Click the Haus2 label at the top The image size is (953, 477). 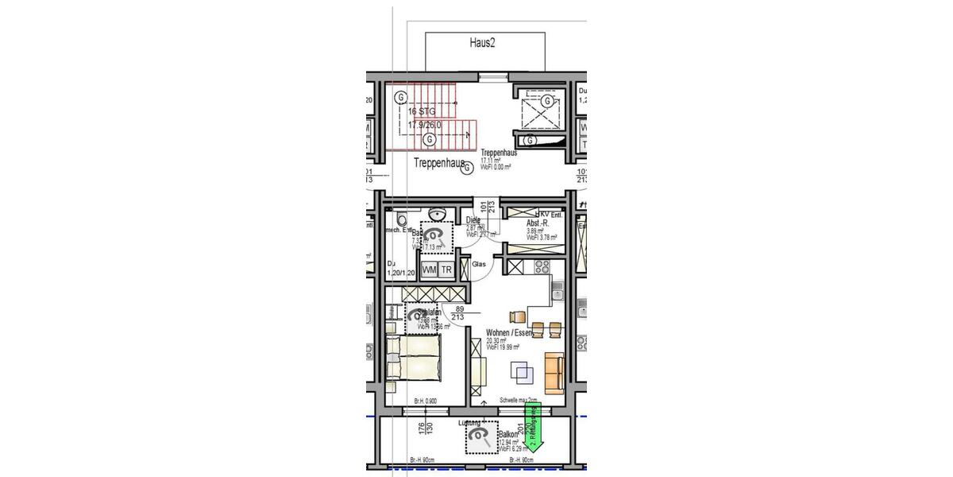pos(482,44)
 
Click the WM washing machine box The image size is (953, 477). pos(430,270)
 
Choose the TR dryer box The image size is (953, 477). pos(446,270)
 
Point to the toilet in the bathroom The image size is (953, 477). pos(401,219)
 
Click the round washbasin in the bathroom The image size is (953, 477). pos(436,215)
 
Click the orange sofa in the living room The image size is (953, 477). pos(554,370)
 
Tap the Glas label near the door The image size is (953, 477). pos(479,265)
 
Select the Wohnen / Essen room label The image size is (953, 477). pos(509,333)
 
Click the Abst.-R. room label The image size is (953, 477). pos(538,224)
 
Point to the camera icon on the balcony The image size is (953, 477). pos(479,436)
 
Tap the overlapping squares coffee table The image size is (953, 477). pos(522,371)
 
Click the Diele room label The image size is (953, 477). pos(474,220)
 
